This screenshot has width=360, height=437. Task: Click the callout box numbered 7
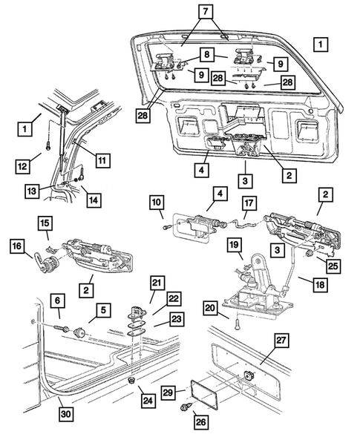click(x=205, y=13)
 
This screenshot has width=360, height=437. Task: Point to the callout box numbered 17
click(x=249, y=202)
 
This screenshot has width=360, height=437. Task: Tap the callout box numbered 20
click(x=210, y=306)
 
